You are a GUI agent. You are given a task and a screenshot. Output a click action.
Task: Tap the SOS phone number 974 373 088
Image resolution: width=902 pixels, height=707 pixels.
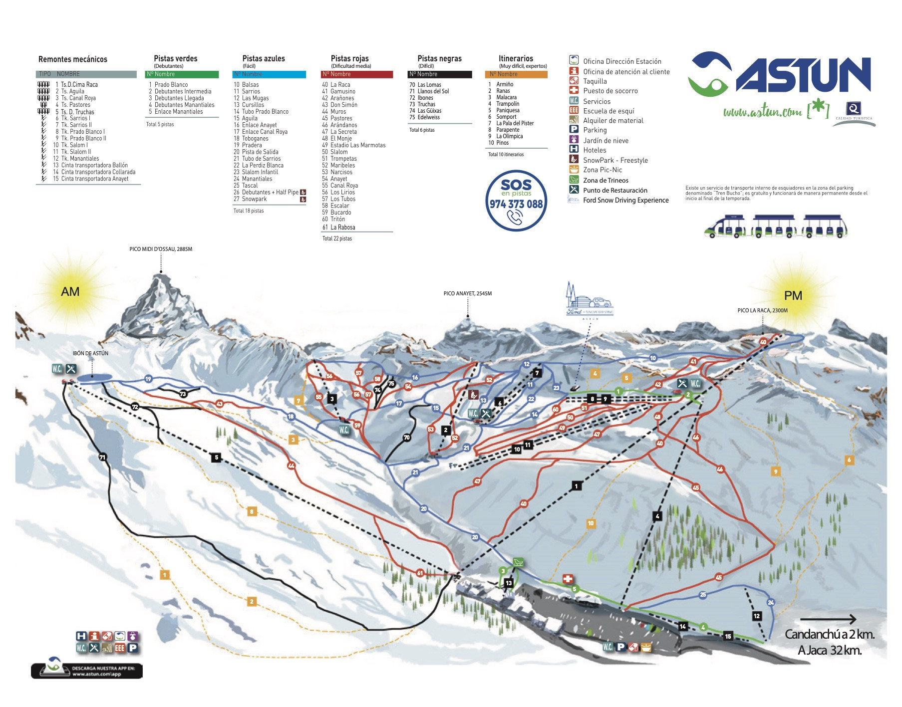(516, 204)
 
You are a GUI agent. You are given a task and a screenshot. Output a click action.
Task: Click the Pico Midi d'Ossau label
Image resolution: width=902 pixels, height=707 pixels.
(161, 249)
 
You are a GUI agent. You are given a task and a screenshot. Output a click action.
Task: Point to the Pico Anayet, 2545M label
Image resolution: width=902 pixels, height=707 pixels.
(467, 293)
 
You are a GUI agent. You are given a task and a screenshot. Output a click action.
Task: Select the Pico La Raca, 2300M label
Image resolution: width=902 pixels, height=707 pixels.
(762, 310)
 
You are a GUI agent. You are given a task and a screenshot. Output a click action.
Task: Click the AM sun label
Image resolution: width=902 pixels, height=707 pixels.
(70, 291)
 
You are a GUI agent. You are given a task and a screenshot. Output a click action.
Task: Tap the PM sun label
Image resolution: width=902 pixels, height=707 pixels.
(793, 295)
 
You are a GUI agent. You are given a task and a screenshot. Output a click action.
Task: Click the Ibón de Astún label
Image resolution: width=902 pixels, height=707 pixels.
(90, 353)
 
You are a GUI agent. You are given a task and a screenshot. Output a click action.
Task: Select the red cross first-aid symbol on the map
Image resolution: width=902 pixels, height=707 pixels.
(568, 579)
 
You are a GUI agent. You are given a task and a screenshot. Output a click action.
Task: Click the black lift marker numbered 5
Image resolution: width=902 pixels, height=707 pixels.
(216, 457)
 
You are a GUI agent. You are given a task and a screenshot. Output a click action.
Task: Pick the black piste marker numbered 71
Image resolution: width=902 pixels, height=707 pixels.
(102, 457)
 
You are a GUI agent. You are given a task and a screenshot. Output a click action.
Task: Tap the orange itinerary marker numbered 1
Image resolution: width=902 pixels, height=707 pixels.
(164, 575)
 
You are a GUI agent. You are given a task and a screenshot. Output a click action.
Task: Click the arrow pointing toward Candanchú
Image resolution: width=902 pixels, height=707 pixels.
(828, 620)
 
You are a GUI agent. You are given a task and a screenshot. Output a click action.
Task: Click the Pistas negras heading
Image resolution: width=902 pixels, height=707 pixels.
(439, 59)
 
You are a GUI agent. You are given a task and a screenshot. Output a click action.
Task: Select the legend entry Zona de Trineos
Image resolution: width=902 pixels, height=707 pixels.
(605, 181)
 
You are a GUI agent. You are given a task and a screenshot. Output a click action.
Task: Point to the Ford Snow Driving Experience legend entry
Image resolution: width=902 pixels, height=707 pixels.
(625, 200)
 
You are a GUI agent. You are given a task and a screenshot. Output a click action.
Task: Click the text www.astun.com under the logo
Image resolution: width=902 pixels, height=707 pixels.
(762, 112)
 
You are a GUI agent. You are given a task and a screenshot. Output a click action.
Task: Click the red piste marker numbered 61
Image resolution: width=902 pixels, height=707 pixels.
(420, 573)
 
